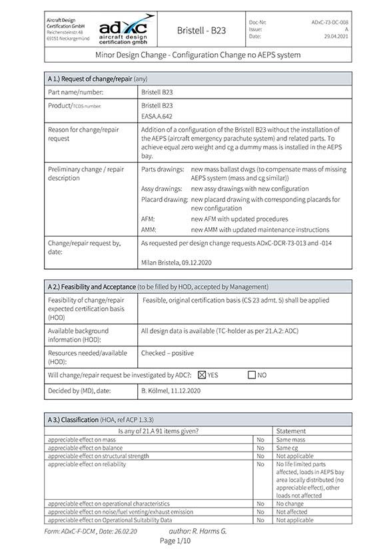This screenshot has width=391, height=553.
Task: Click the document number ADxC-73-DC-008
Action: click(x=329, y=22)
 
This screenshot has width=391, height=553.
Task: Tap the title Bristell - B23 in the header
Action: click(x=201, y=30)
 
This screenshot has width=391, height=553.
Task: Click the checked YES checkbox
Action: click(x=202, y=375)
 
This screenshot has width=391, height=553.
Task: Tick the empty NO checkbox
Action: click(x=251, y=375)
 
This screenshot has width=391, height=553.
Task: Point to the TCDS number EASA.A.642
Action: click(x=157, y=116)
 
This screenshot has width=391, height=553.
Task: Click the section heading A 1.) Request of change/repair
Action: click(x=97, y=79)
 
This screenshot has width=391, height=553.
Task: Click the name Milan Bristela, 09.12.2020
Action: click(x=176, y=262)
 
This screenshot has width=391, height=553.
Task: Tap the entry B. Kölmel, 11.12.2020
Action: click(x=171, y=390)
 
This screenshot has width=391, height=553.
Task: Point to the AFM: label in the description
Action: click(x=149, y=219)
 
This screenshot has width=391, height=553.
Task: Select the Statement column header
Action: click(x=291, y=431)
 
